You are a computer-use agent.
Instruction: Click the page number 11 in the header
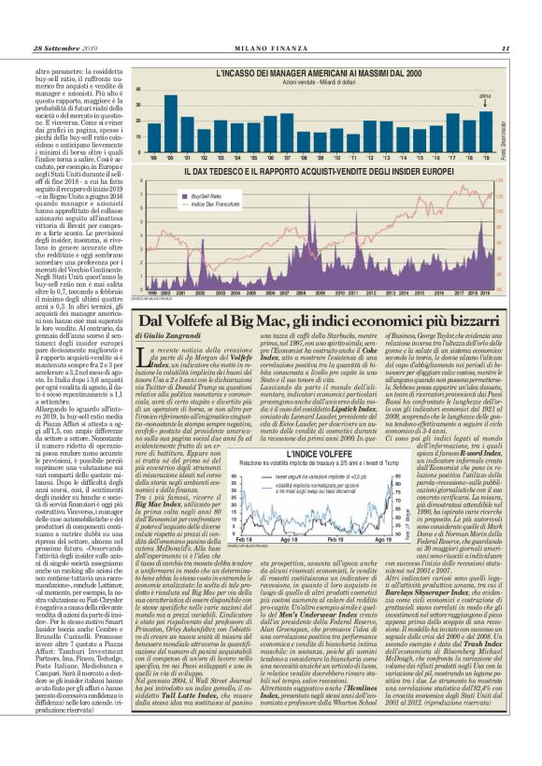tap(505, 49)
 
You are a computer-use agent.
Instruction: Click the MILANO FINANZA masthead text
tap(270, 49)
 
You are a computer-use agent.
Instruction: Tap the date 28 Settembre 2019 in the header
tap(66, 49)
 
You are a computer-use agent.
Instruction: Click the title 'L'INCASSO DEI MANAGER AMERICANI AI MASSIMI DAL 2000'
tap(318, 72)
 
